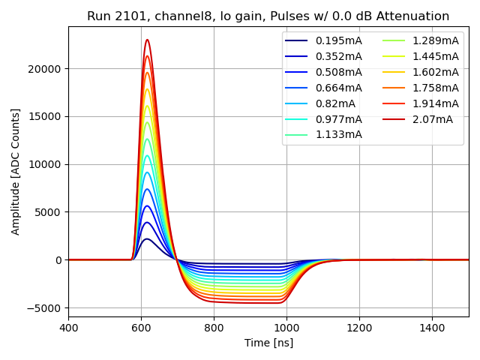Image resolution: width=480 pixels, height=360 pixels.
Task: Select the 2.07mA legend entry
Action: tap(433, 119)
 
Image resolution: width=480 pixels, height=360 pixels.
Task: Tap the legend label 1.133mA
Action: tap(338, 135)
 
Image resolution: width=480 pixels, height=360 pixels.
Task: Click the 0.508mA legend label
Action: tap(338, 72)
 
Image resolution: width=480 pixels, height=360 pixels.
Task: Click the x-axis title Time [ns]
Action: tap(268, 343)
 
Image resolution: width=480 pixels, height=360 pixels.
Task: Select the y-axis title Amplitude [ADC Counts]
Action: tap(16, 171)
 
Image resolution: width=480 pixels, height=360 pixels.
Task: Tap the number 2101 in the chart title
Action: tap(129, 16)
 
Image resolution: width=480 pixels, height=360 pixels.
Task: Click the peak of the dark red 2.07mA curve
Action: tap(147, 40)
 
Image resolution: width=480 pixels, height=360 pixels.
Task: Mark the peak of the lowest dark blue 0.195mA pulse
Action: tap(147, 238)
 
